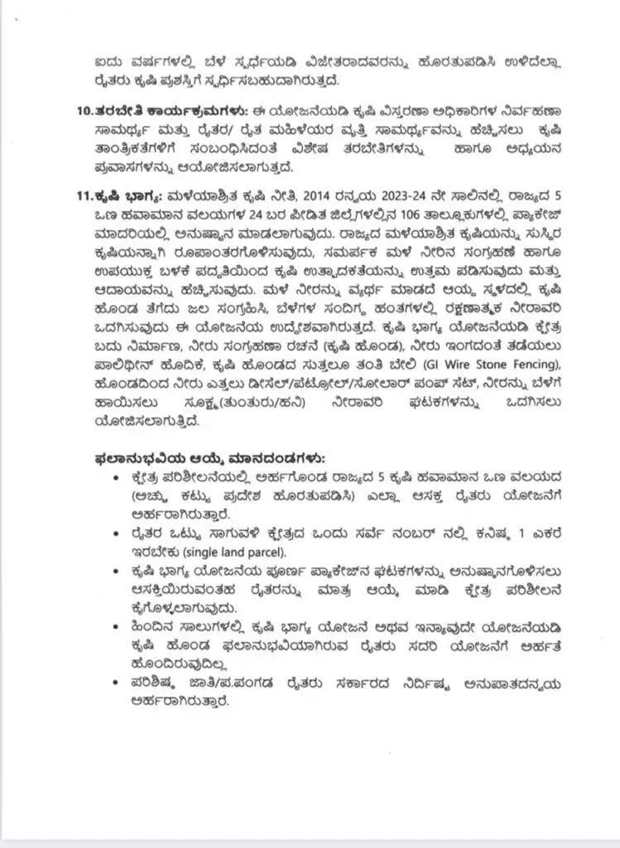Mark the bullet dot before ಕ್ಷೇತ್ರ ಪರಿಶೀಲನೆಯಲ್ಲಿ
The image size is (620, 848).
point(124,479)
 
